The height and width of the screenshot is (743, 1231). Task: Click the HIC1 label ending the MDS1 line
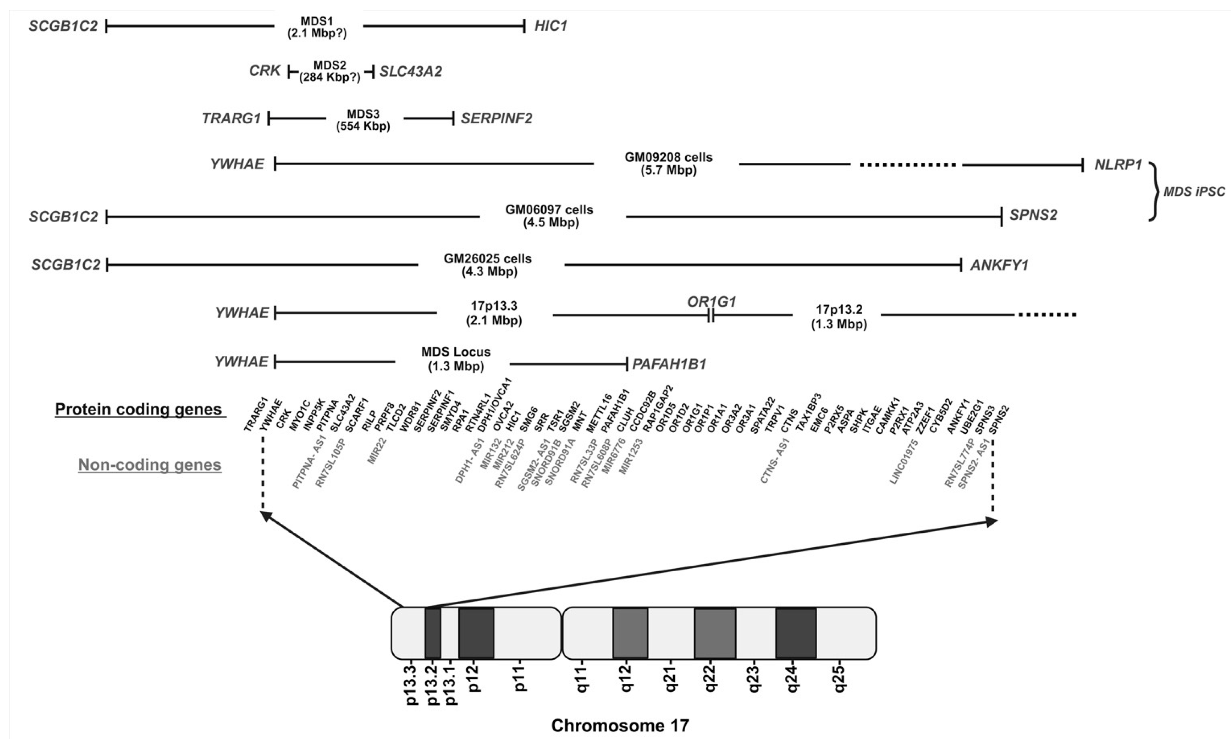(x=551, y=26)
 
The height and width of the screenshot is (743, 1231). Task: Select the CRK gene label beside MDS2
(x=265, y=71)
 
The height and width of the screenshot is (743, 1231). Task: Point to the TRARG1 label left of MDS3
(x=231, y=118)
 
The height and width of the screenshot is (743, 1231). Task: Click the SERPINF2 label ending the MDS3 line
(x=497, y=118)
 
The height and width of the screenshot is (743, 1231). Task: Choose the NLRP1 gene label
(x=1118, y=165)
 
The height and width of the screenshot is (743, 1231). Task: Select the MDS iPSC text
(x=1194, y=192)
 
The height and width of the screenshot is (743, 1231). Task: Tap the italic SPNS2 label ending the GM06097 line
(x=1033, y=215)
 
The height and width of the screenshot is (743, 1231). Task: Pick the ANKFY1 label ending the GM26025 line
(x=999, y=265)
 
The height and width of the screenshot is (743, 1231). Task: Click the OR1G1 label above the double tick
(x=712, y=302)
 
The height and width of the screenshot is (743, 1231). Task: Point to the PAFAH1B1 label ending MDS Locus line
(x=670, y=364)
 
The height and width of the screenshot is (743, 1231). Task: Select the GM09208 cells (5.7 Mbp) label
(x=668, y=164)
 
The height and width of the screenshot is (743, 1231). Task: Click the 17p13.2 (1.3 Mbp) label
(x=839, y=316)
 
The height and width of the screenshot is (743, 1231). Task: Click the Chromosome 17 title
(x=620, y=725)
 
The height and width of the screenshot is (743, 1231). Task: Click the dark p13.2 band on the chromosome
(x=432, y=633)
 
